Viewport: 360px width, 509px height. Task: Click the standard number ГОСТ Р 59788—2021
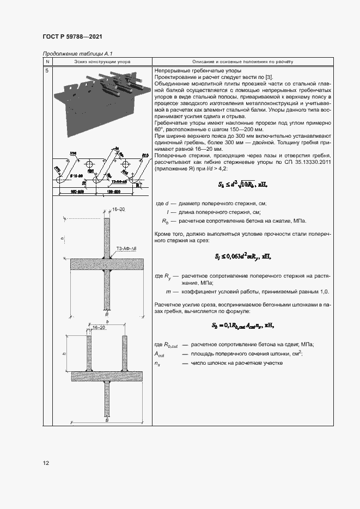[x=72, y=37]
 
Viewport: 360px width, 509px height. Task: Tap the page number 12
[x=46, y=463]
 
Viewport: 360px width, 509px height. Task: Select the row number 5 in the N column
[x=47, y=71]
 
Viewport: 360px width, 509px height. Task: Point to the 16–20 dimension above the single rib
[x=118, y=210]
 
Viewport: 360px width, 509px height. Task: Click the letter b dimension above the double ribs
[x=107, y=322]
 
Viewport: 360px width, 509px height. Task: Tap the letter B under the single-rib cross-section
[x=107, y=315]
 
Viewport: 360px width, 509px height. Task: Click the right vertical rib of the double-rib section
[x=125, y=354]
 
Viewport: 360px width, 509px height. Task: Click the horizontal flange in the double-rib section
[x=107, y=376]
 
